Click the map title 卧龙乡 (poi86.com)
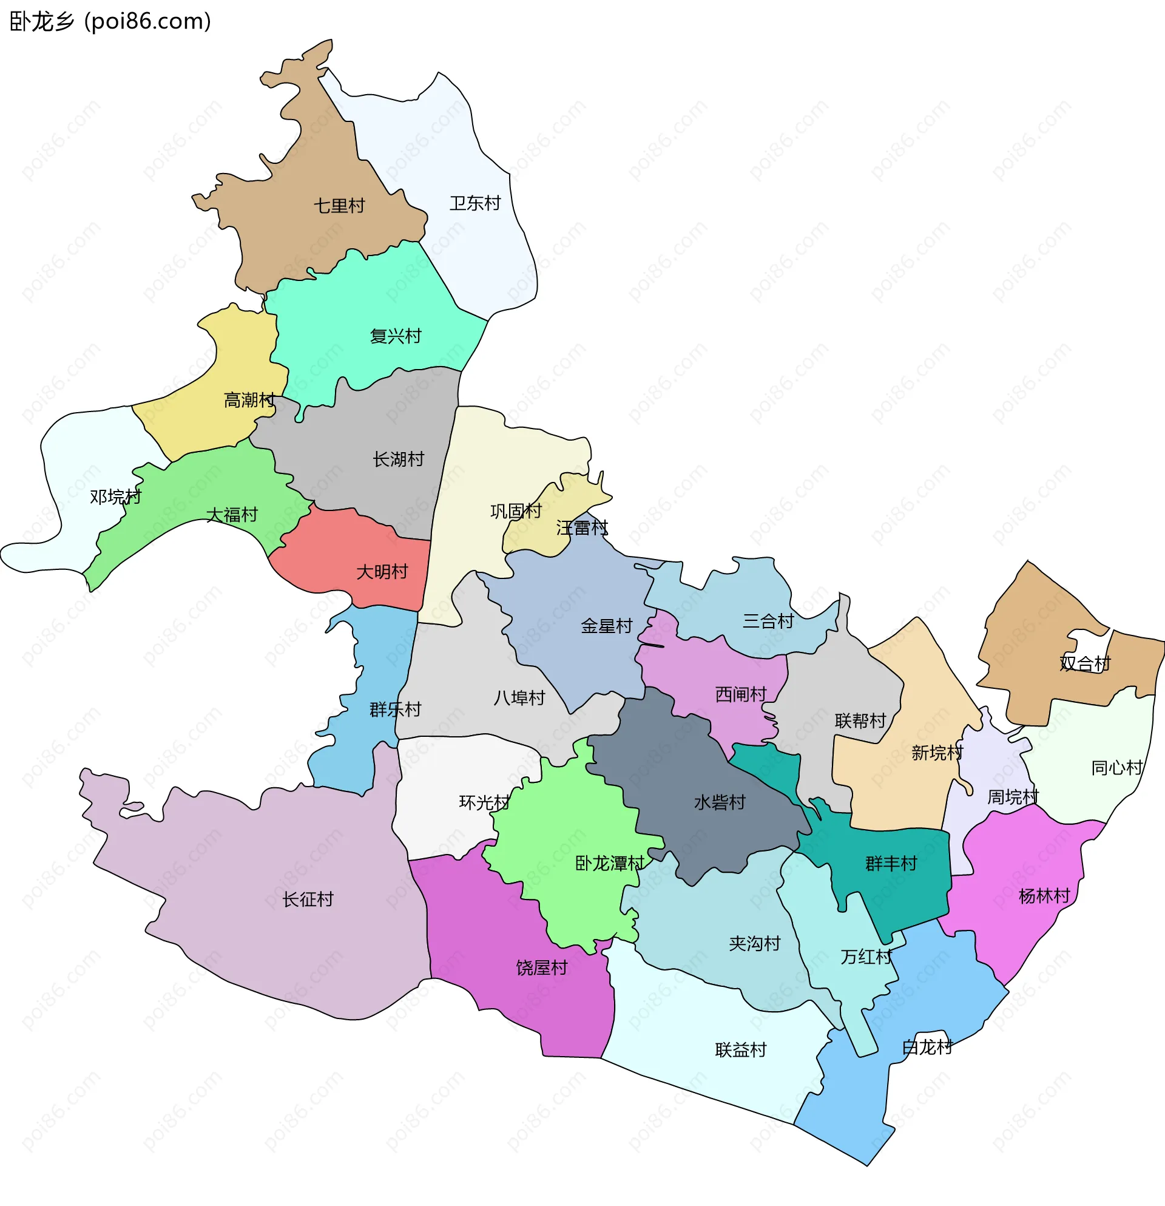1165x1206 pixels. pyautogui.click(x=110, y=21)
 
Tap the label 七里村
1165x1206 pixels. pyautogui.click(x=339, y=206)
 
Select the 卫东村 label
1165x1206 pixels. pyautogui.click(x=475, y=203)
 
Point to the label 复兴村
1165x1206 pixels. pyautogui.click(x=396, y=336)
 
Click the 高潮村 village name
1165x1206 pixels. pyautogui.click(x=249, y=401)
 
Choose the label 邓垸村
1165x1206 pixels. pyautogui.click(x=116, y=496)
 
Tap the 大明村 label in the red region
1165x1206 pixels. pyautogui.click(x=382, y=572)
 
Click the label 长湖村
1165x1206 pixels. pyautogui.click(x=398, y=459)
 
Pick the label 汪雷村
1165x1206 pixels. pyautogui.click(x=582, y=528)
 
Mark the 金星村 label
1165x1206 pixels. pyautogui.click(x=607, y=626)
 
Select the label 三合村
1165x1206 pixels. pyautogui.click(x=768, y=622)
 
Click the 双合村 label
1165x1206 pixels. pyautogui.click(x=1085, y=663)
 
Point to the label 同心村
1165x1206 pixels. pyautogui.click(x=1117, y=768)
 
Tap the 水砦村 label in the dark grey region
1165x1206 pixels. pyautogui.click(x=720, y=802)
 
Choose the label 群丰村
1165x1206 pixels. pyautogui.click(x=891, y=864)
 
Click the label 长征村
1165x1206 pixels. pyautogui.click(x=308, y=899)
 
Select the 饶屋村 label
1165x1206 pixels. pyautogui.click(x=541, y=968)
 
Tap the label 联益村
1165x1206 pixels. pyautogui.click(x=741, y=1050)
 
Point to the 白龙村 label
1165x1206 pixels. pyautogui.click(x=927, y=1047)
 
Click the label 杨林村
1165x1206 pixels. pyautogui.click(x=1044, y=896)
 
